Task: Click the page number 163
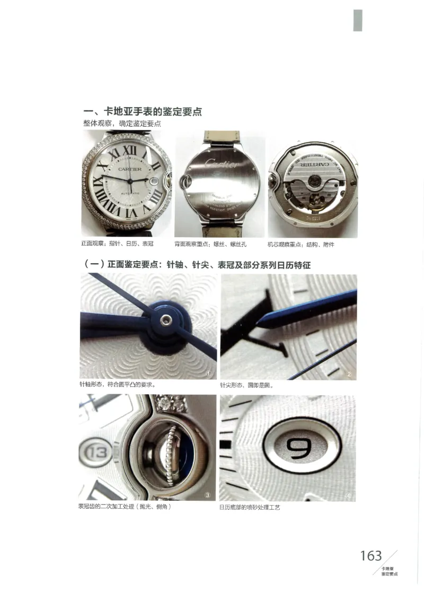pos(371,555)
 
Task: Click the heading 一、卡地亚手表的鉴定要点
pos(143,112)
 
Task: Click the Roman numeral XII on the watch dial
pos(128,151)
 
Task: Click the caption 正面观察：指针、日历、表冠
pos(117,244)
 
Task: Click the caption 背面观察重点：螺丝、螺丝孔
pos(211,244)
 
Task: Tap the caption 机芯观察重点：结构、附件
pos(301,244)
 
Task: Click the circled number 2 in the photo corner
pos(349,374)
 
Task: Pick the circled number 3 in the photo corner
pos(208,495)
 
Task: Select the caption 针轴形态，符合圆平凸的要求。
pos(117,385)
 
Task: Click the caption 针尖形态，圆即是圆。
pos(247,385)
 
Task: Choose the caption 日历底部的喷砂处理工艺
pos(250,508)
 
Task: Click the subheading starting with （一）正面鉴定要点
pos(197,264)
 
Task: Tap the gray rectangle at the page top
pos(358,20)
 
